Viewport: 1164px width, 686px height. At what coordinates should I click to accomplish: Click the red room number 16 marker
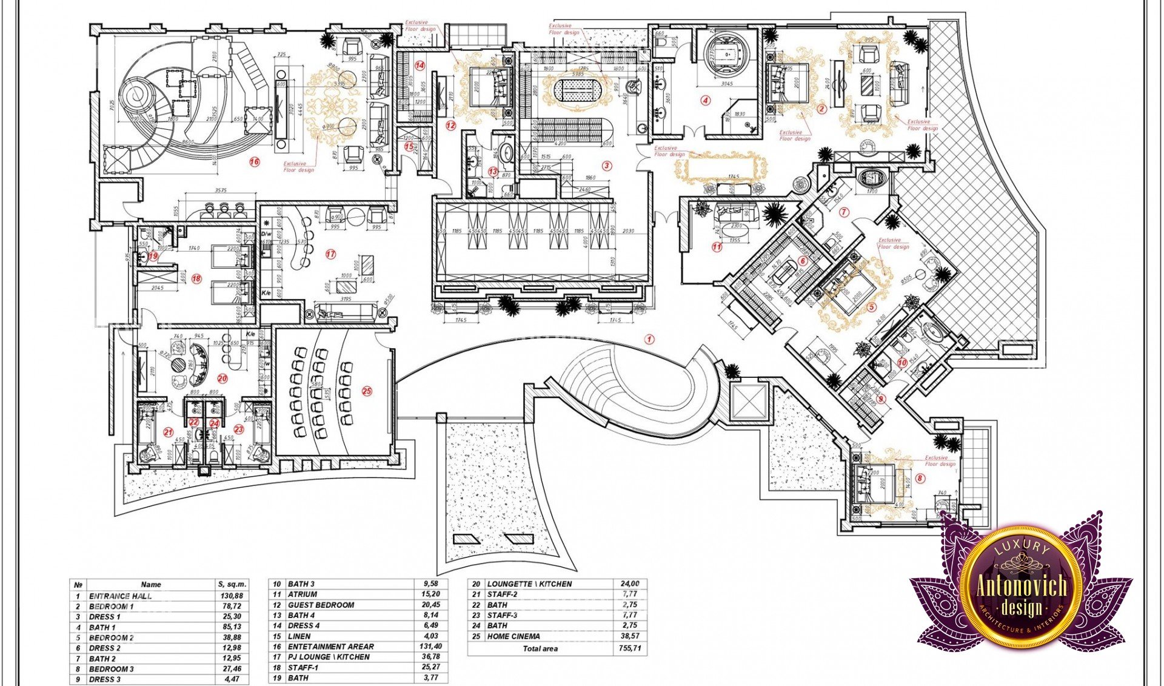[x=255, y=162]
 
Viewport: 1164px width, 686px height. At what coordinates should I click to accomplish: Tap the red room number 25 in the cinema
[x=367, y=391]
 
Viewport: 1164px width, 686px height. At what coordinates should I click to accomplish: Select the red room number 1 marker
[x=649, y=339]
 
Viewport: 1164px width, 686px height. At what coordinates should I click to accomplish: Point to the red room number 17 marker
[x=330, y=254]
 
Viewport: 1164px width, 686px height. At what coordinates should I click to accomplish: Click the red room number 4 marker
[x=705, y=101]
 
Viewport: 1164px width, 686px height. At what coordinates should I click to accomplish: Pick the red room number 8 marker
[x=920, y=478]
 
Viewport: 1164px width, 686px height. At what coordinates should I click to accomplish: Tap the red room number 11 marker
[x=717, y=247]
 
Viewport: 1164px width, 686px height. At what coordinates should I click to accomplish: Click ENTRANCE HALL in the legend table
[x=121, y=596]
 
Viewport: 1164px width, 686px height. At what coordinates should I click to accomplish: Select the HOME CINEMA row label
[x=513, y=636]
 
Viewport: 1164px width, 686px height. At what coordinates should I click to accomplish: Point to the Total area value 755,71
[x=630, y=648]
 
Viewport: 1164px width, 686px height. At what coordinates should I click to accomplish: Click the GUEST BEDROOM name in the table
[x=321, y=605]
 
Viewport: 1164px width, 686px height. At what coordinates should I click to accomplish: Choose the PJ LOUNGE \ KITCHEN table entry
[x=329, y=657]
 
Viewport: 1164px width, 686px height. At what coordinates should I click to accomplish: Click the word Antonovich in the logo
[x=1022, y=586]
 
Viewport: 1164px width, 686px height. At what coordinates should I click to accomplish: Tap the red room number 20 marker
[x=222, y=378]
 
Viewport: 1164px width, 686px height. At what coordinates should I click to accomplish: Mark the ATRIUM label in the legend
[x=303, y=594]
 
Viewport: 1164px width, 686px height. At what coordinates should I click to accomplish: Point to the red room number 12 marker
[x=450, y=126]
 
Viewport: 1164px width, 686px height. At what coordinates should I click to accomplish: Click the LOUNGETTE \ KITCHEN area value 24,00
[x=630, y=583]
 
